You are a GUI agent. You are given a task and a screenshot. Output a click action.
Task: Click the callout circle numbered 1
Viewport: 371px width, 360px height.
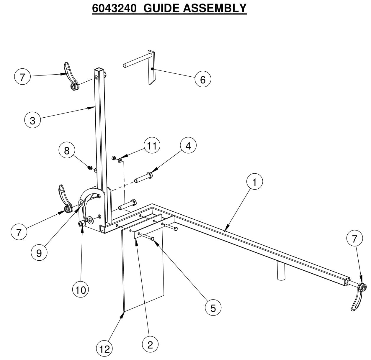click(x=254, y=182)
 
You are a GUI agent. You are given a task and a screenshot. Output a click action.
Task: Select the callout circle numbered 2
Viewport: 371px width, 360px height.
click(x=150, y=344)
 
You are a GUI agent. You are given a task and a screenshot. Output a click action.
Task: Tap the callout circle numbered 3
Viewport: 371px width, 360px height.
click(x=32, y=120)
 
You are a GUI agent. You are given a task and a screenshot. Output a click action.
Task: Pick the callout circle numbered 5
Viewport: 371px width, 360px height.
click(x=213, y=308)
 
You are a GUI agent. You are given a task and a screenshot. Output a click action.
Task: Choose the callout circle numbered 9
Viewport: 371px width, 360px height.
click(x=39, y=253)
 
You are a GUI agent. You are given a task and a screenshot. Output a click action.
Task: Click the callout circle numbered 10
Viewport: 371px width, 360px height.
click(x=81, y=290)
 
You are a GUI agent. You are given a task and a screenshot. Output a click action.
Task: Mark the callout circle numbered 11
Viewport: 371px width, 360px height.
click(x=152, y=145)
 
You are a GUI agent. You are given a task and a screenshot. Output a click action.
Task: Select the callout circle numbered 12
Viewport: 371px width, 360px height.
click(x=104, y=349)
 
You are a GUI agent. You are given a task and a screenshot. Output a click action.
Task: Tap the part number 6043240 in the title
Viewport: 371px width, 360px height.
click(x=114, y=8)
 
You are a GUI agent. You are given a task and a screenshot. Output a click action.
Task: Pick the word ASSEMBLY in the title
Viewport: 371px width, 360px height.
click(x=215, y=8)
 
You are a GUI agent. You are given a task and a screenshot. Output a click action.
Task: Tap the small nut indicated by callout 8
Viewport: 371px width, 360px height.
click(x=89, y=168)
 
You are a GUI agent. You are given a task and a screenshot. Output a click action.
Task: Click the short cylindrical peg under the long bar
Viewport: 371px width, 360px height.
click(x=281, y=272)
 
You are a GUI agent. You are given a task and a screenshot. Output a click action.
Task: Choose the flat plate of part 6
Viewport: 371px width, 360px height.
click(x=151, y=68)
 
